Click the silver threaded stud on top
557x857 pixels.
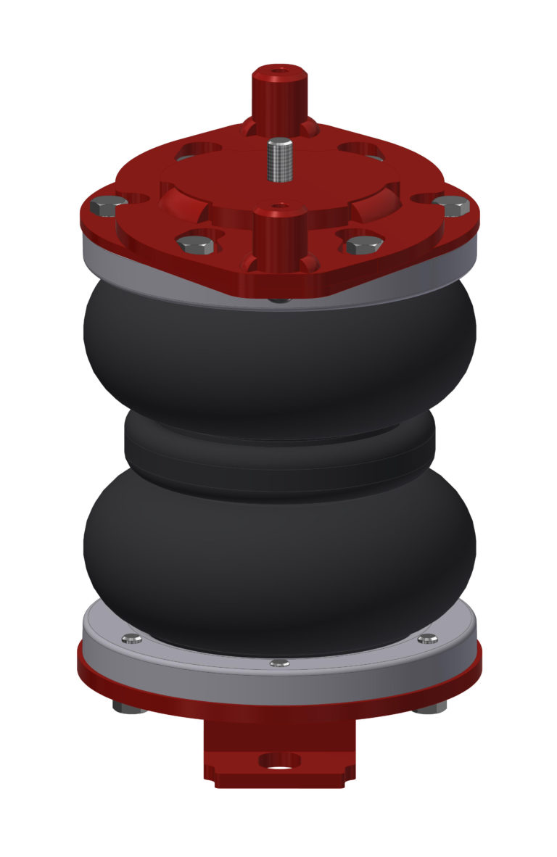(x=279, y=162)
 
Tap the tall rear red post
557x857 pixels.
(x=279, y=98)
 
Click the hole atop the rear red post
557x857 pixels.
(x=279, y=73)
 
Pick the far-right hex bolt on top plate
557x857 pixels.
(x=451, y=206)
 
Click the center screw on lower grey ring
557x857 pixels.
(x=279, y=663)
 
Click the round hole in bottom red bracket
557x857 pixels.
(x=279, y=761)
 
